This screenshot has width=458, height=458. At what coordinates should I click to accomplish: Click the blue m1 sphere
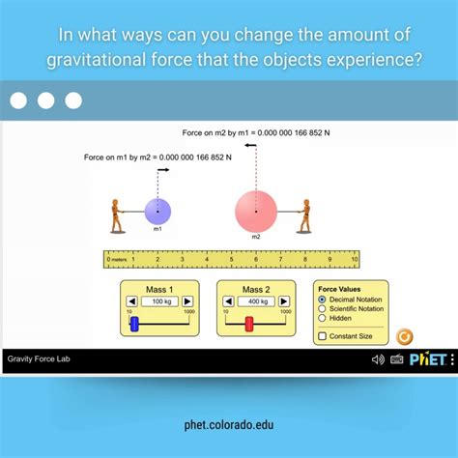(x=157, y=211)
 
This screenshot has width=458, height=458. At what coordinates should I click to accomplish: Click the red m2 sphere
(x=256, y=211)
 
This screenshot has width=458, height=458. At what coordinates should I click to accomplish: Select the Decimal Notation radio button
(x=322, y=300)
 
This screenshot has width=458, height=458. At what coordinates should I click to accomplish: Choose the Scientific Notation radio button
(x=322, y=308)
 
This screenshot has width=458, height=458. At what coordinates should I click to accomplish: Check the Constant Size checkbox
(x=322, y=336)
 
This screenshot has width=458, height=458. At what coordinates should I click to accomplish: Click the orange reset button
(x=405, y=336)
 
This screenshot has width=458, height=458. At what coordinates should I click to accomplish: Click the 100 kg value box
(x=158, y=301)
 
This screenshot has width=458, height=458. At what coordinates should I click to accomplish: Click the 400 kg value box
(x=255, y=301)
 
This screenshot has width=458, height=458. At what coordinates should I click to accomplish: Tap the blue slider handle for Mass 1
(x=135, y=324)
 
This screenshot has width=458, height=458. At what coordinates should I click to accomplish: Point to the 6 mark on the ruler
(x=256, y=259)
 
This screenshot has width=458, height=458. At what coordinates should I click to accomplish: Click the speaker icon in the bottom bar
(x=378, y=359)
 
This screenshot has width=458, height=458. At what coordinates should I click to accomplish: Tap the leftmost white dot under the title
(x=19, y=100)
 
